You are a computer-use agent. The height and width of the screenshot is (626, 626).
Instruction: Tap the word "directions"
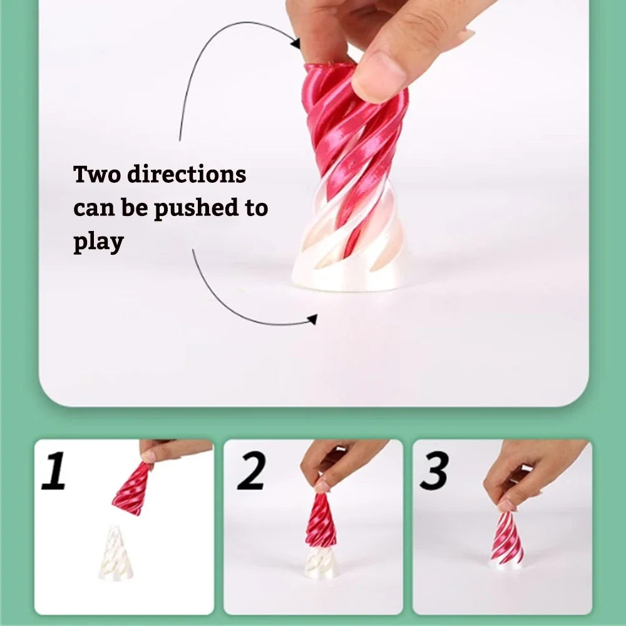pos(187,174)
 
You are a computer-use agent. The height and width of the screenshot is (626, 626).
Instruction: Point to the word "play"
pos(98,242)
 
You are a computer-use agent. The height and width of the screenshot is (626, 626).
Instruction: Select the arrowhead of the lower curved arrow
pos(312,320)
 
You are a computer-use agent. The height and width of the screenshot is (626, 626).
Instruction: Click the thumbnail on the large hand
pos(379,76)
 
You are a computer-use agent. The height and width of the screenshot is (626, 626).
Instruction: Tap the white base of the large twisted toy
pos(351,275)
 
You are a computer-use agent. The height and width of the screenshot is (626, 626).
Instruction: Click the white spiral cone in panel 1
pos(116,554)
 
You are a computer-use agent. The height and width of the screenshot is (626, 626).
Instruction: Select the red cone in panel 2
pos(321,521)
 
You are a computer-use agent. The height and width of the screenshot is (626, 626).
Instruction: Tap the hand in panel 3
pos(532,466)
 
